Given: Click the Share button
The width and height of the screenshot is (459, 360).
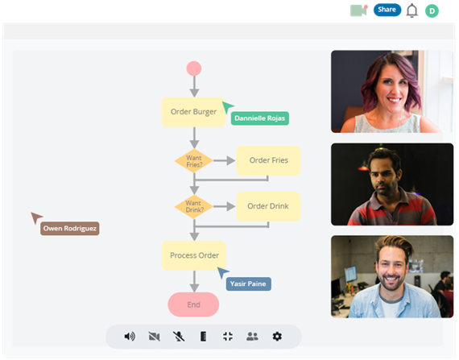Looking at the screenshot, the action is point(387,10).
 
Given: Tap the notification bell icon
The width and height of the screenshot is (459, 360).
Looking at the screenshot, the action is point(411,10).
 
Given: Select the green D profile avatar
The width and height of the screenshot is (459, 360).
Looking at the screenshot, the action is point(432,11).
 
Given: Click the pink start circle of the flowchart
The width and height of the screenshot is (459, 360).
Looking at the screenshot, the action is point(194,68).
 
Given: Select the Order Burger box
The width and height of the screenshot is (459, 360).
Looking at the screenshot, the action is point(193,112).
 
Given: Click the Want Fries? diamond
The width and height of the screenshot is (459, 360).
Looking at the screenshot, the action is point(194,161).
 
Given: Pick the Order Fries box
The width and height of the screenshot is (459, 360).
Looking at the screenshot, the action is point(268,160).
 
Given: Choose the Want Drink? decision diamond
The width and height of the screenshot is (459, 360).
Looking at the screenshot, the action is point(194,207).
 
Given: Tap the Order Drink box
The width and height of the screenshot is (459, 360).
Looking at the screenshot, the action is point(268,206).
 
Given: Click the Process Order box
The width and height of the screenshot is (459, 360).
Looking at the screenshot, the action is point(194,255).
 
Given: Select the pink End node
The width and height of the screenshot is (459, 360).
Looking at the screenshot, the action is point(193,304).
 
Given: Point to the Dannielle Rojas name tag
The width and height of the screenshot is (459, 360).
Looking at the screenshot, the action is point(260,118).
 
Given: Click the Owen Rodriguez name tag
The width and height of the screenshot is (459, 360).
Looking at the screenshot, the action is point(70,229).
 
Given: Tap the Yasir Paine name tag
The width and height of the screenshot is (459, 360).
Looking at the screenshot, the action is point(249,284).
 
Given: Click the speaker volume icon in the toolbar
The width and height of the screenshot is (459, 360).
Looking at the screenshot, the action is point(130,337).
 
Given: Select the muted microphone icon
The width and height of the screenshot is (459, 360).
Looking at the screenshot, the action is point(179,337).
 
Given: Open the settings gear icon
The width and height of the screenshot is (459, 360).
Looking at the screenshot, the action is point(277,337).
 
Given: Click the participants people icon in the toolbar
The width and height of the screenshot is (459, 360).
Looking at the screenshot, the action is point(252,337).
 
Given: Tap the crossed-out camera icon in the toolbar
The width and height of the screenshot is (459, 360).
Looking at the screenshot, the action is point(155,337).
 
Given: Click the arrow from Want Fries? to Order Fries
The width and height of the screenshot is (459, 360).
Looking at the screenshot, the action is point(225,160).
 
